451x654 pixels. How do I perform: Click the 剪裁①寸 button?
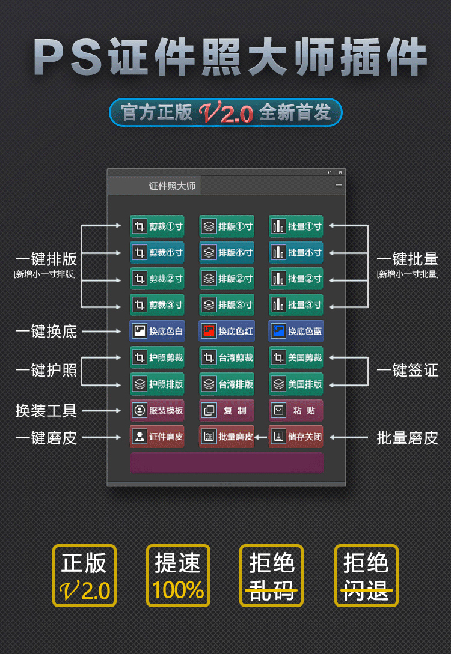[x=157, y=226]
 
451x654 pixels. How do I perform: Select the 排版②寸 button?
[x=227, y=279]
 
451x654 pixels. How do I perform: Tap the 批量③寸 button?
[x=296, y=305]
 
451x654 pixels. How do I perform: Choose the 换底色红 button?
[x=227, y=332]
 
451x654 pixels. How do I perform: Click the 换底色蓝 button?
[x=296, y=332]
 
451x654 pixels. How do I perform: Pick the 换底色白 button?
[x=157, y=332]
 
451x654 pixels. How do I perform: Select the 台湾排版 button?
[x=227, y=384]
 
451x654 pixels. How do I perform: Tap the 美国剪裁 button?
[x=296, y=358]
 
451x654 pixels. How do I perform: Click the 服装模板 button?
[x=157, y=410]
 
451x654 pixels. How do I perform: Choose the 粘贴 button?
[x=296, y=410]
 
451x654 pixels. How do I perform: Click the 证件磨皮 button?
[x=157, y=437]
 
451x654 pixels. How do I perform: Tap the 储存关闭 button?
[x=296, y=437]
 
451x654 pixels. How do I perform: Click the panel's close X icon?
[x=340, y=172]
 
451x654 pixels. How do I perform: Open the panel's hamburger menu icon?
[x=339, y=185]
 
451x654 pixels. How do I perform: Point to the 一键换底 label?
[x=46, y=332]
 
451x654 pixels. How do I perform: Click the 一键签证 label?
[x=408, y=371]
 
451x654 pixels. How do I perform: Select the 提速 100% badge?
[x=179, y=575]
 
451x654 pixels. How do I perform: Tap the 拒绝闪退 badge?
[x=366, y=575]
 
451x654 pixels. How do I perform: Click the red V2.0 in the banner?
[x=226, y=112]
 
